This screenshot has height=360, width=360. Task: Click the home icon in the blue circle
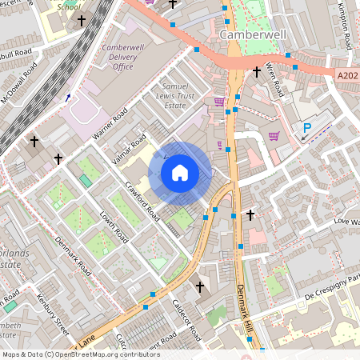click(x=180, y=172)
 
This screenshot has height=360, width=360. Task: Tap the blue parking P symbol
click(x=306, y=127)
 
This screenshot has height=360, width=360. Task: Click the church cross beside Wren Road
click(x=256, y=73)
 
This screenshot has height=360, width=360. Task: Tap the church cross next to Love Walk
click(x=250, y=215)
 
